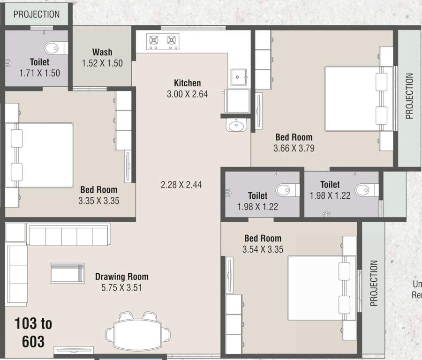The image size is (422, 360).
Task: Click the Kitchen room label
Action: [187, 83]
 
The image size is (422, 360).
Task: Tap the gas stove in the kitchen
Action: [162, 41]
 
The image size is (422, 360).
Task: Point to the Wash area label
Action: [102, 52]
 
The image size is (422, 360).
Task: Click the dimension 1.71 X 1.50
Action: [39, 73]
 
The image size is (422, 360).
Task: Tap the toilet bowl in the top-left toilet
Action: [54, 48]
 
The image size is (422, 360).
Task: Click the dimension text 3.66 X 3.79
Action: [294, 149]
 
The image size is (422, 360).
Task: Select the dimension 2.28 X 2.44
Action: [181, 185]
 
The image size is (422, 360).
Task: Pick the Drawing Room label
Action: [121, 277]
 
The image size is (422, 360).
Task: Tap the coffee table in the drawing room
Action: [68, 273]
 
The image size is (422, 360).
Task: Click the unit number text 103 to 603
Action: [33, 332]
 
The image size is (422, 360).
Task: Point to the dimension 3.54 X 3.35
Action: [263, 249]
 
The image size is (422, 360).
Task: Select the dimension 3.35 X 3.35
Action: [98, 201]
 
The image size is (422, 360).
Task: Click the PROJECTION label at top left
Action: [37, 14]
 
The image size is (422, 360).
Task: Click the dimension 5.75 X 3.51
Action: [121, 287]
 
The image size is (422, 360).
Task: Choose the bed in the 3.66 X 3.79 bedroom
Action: [356, 99]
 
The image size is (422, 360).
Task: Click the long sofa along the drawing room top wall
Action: [68, 234]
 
